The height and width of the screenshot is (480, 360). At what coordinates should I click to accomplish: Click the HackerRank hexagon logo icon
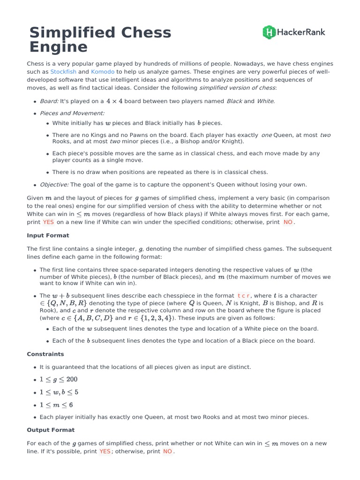click(x=269, y=32)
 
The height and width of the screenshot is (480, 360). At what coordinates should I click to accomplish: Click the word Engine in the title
click(x=59, y=47)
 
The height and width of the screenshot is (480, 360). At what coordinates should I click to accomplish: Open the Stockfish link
click(x=63, y=72)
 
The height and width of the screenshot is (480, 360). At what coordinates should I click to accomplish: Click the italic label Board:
click(x=49, y=101)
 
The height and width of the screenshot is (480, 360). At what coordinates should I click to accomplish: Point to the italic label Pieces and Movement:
click(x=72, y=113)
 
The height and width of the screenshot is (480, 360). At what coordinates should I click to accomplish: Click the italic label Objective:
click(x=54, y=184)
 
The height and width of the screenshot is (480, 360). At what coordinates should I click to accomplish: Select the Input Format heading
click(x=48, y=235)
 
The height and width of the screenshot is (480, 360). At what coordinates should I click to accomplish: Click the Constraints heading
click(x=45, y=354)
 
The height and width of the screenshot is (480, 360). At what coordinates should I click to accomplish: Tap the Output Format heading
click(x=51, y=429)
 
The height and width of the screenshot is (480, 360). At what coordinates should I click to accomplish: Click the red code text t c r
click(x=244, y=296)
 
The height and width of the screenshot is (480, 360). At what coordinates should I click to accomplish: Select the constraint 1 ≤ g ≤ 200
click(x=59, y=379)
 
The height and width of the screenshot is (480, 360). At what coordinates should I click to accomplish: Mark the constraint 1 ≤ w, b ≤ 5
click(x=59, y=392)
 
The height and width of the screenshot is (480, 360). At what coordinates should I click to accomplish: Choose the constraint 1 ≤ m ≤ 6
click(x=56, y=405)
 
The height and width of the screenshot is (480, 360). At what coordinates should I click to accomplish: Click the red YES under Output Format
click(x=105, y=451)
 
